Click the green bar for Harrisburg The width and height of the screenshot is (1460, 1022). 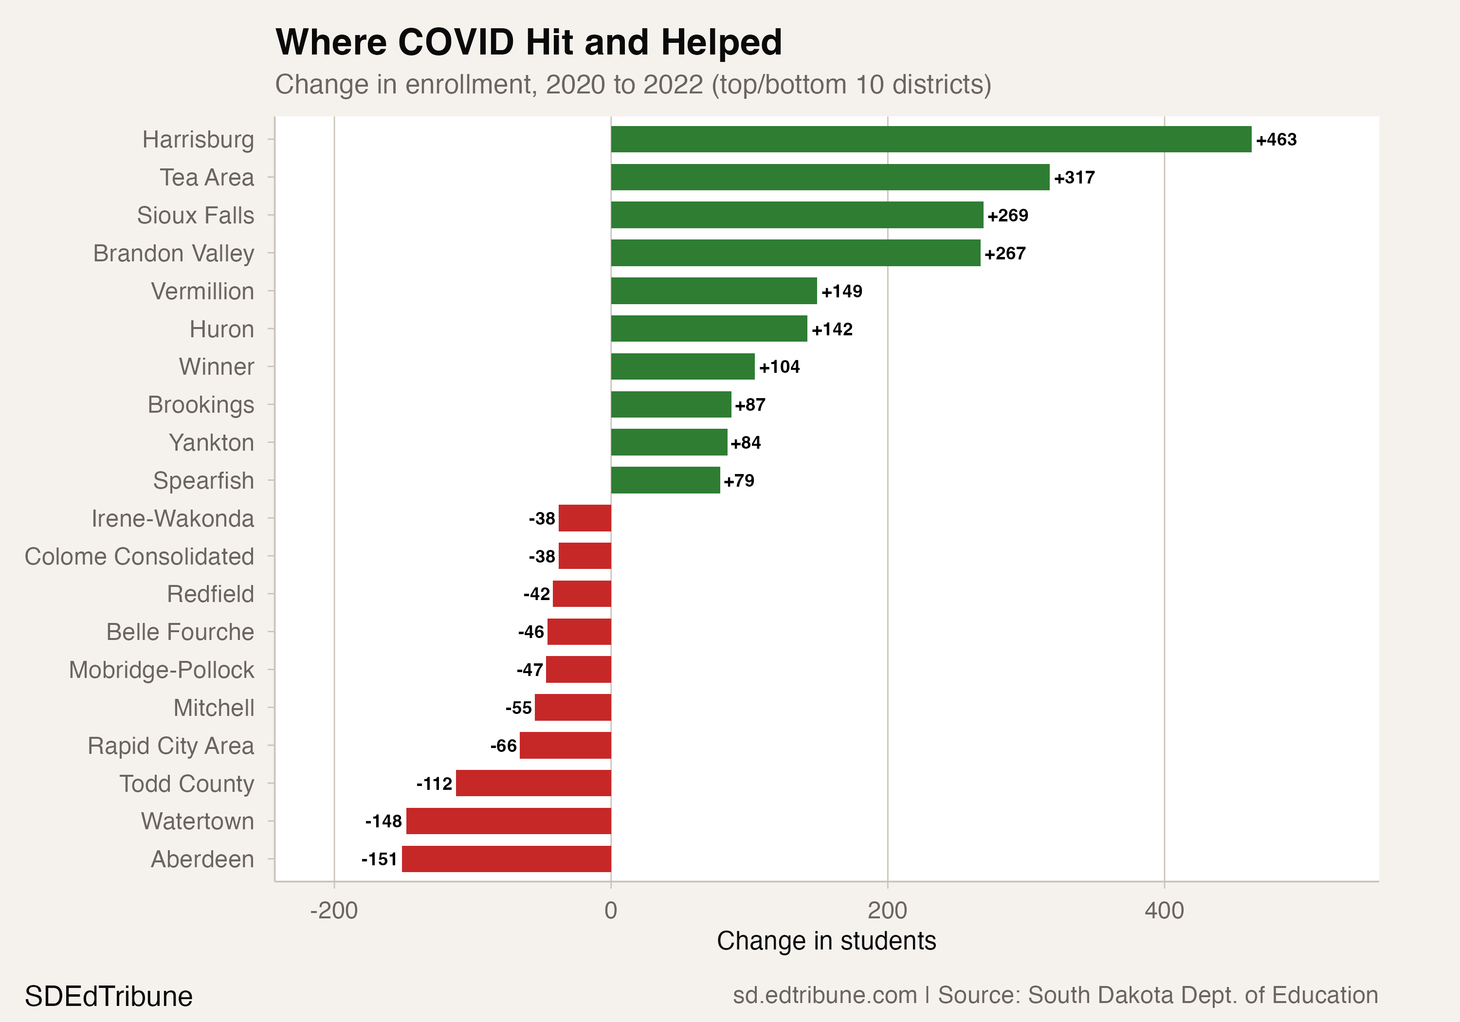[x=931, y=139]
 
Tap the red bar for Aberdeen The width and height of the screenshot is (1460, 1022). [x=506, y=858]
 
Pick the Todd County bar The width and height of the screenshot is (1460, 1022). [x=533, y=783]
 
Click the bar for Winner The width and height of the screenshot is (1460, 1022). [x=682, y=366]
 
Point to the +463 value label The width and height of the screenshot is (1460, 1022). [x=1276, y=140]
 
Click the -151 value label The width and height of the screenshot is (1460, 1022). [x=380, y=859]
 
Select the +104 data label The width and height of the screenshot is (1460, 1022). [x=779, y=367]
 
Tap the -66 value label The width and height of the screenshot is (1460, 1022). [x=503, y=746]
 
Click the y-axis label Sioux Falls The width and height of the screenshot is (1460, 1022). [x=195, y=215]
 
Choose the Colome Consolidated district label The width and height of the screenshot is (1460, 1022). [x=139, y=556]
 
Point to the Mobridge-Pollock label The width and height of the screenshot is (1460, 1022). [x=162, y=670]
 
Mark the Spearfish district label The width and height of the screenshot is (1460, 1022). [x=203, y=481]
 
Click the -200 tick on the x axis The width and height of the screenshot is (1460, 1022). [x=334, y=911]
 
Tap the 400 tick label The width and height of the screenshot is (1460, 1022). [x=1164, y=911]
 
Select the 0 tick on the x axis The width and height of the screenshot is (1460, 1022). [x=610, y=911]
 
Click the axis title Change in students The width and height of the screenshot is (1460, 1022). [x=826, y=941]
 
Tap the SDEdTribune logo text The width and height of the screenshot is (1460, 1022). [x=109, y=996]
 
